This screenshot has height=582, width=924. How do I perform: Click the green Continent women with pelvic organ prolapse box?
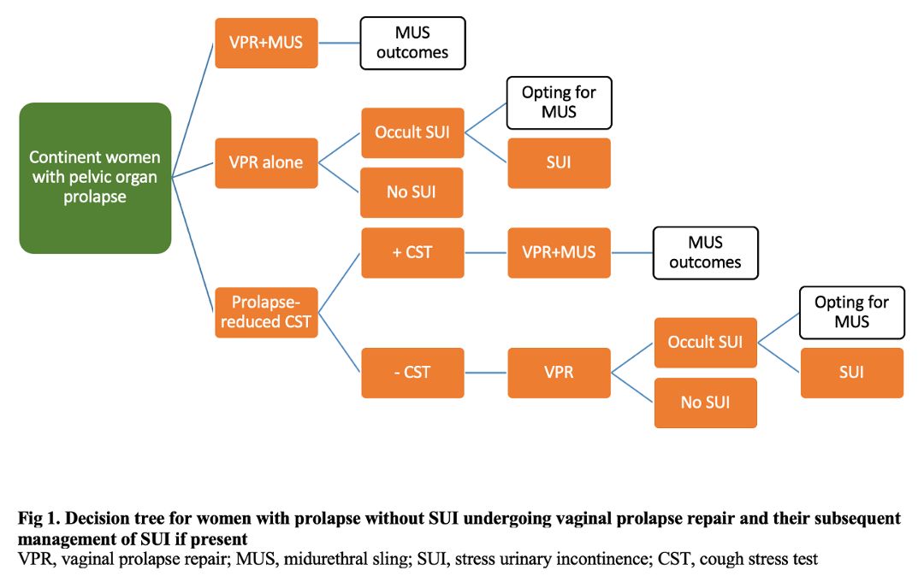pyautogui.click(x=95, y=178)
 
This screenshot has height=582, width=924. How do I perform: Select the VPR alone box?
pyautogui.click(x=266, y=163)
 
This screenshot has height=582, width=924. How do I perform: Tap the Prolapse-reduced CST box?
pyautogui.click(x=266, y=313)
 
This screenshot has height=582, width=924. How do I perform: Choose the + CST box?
pyautogui.click(x=412, y=252)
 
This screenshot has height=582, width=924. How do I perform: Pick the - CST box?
pyautogui.click(x=412, y=373)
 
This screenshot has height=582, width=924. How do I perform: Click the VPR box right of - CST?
pyautogui.click(x=560, y=373)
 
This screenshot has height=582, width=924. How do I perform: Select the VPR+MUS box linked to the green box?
pyautogui.click(x=266, y=43)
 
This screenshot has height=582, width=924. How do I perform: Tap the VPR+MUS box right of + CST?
pyautogui.click(x=560, y=252)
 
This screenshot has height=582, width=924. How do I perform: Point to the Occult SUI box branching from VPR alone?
pyautogui.click(x=412, y=132)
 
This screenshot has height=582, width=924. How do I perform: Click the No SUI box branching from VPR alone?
pyautogui.click(x=412, y=192)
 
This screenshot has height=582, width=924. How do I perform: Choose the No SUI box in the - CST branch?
pyautogui.click(x=705, y=403)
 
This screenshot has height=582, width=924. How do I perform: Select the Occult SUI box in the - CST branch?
pyautogui.click(x=705, y=343)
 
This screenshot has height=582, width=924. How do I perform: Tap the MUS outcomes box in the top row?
pyautogui.click(x=412, y=43)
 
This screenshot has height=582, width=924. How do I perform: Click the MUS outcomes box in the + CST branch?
pyautogui.click(x=705, y=253)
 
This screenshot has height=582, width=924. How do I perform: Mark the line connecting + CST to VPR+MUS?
pyautogui.click(x=486, y=253)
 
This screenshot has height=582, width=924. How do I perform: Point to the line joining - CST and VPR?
pyautogui.click(x=486, y=373)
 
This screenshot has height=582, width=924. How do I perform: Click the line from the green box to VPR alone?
pyautogui.click(x=192, y=170)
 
